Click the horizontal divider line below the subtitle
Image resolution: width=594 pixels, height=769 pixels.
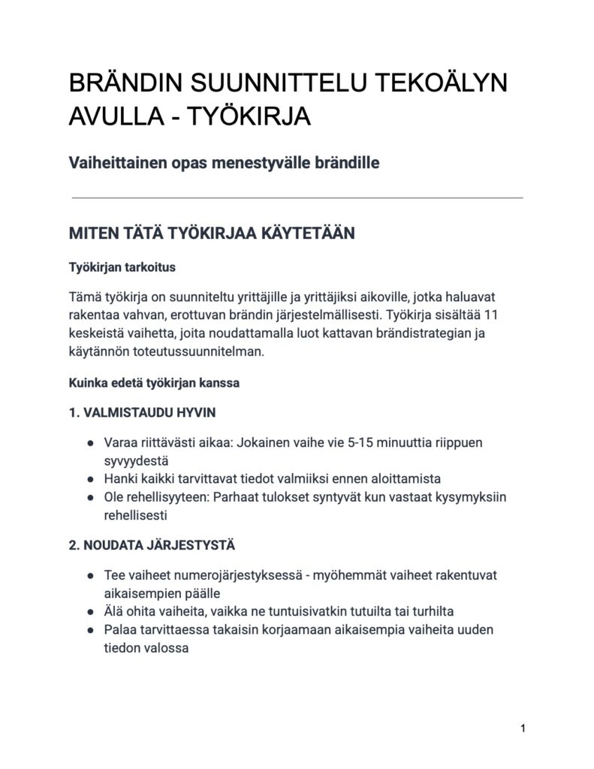pyautogui.click(x=297, y=198)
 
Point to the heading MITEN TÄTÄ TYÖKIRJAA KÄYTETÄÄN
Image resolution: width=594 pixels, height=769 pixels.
pyautogui.click(x=211, y=233)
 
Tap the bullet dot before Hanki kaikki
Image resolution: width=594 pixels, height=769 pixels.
pyautogui.click(x=90, y=479)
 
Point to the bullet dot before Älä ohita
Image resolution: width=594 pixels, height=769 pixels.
pyautogui.click(x=90, y=611)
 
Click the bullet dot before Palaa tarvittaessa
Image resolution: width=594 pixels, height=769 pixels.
pyautogui.click(x=90, y=629)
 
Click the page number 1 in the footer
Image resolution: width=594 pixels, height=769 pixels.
pyautogui.click(x=522, y=728)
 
